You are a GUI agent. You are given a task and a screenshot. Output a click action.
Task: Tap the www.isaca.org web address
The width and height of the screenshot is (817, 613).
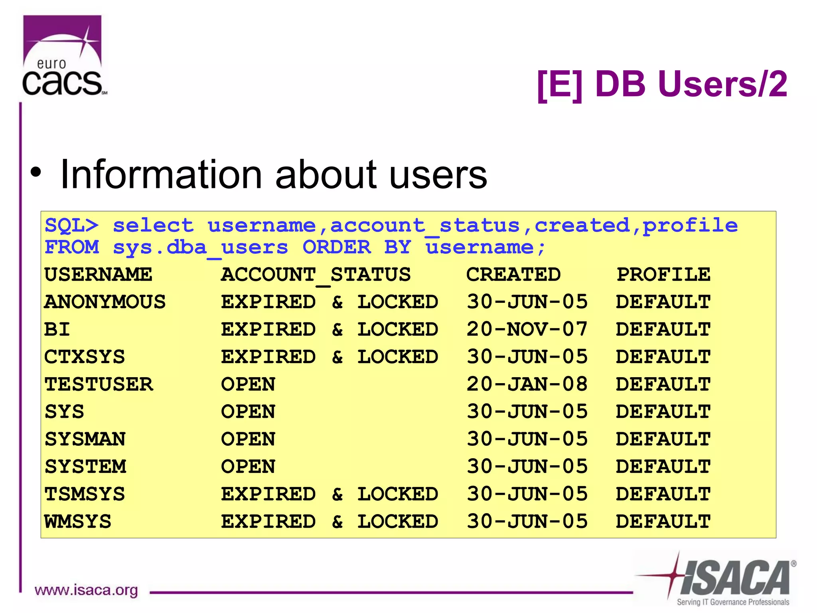coord(86,590)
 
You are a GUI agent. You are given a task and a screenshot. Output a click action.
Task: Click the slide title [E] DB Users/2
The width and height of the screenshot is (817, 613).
coord(662,84)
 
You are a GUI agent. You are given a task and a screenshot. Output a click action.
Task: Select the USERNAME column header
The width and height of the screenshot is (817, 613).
coord(98,275)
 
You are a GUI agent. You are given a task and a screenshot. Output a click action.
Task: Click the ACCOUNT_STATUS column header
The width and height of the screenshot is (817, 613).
coord(316,275)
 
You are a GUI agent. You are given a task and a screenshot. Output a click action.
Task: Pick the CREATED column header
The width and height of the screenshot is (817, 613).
coord(513,275)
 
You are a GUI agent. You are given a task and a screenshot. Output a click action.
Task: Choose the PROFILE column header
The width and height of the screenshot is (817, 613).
coord(663,275)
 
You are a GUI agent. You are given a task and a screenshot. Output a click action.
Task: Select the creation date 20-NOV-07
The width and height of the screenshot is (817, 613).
coord(527,330)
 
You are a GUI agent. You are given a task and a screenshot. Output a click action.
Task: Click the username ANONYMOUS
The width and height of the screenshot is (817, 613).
coord(105,302)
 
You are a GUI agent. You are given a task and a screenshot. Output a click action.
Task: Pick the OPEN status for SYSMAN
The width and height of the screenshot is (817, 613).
coord(248,439)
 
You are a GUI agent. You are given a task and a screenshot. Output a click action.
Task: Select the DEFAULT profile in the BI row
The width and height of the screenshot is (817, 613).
coord(663,330)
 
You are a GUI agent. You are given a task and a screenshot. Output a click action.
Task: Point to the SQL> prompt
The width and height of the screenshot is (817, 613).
coord(71,226)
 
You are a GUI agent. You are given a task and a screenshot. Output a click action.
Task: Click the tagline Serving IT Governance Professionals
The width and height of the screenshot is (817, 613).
coord(733,602)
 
